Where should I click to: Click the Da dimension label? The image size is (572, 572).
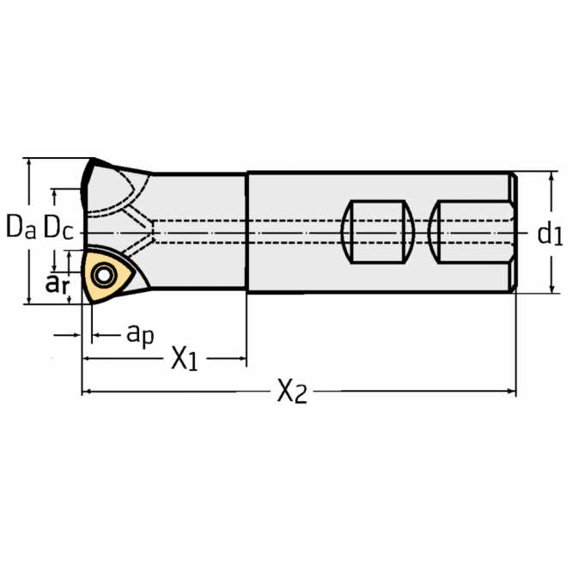tap(21, 228)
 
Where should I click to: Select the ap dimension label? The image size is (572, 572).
tap(140, 333)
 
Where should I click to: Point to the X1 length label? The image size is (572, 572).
tap(183, 359)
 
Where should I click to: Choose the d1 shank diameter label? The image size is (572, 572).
tap(549, 233)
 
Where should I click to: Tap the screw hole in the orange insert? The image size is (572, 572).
tap(105, 276)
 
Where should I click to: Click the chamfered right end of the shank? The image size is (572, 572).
tap(513, 233)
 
